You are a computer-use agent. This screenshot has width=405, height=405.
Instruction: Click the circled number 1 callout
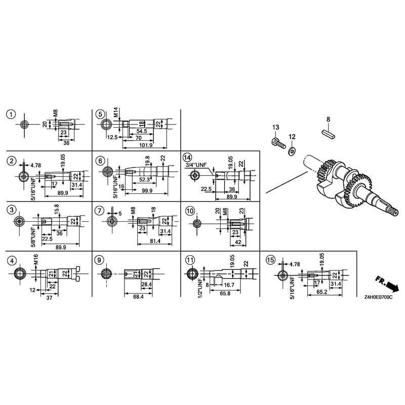[x=11, y=114]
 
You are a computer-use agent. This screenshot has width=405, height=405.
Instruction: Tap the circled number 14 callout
[x=187, y=157]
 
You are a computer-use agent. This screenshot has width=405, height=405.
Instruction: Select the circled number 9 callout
[x=99, y=260]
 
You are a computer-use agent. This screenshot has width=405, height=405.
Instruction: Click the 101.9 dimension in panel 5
[x=146, y=145]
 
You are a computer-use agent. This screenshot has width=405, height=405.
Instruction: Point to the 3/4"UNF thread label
[x=196, y=165]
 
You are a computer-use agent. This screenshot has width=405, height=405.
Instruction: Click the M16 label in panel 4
[x=35, y=260]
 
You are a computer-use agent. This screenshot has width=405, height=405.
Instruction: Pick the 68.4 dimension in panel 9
[x=138, y=297]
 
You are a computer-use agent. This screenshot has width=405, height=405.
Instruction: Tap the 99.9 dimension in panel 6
[x=147, y=191]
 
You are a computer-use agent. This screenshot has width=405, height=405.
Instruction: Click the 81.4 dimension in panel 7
[x=155, y=241]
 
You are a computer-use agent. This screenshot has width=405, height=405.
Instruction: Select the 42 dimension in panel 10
[x=238, y=242]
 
